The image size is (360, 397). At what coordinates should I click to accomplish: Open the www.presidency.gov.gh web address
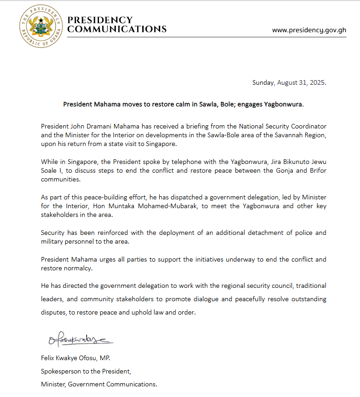(x=309, y=30)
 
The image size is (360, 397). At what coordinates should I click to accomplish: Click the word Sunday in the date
(x=263, y=83)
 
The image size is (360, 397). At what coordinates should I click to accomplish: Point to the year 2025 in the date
(x=317, y=83)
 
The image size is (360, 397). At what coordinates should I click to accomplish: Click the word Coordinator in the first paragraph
(x=308, y=126)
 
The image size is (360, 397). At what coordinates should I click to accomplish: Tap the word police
(x=300, y=233)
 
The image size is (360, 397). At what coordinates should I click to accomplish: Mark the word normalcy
(x=79, y=268)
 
